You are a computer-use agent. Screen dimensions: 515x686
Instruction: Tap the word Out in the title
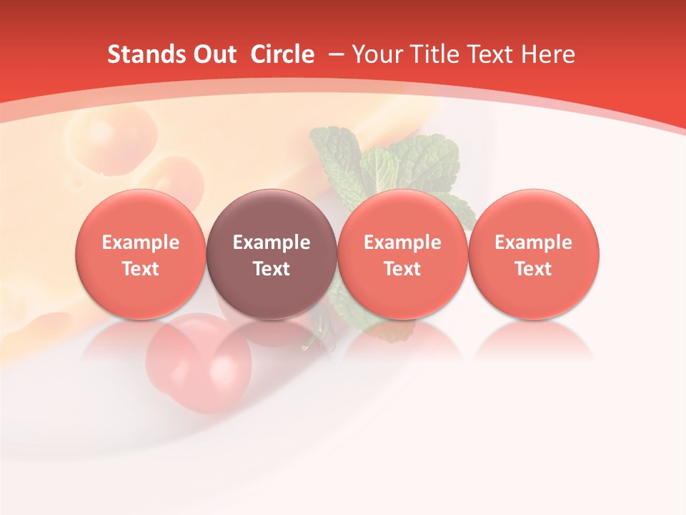(x=213, y=54)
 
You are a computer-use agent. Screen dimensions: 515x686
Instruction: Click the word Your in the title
(x=376, y=54)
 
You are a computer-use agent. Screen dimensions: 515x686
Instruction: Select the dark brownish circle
(x=272, y=254)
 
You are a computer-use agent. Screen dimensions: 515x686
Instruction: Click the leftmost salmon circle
(x=141, y=254)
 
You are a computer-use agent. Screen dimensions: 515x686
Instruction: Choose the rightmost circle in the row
(x=534, y=254)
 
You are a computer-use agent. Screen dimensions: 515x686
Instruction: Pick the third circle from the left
(x=402, y=254)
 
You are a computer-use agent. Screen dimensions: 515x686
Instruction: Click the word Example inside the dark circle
(x=272, y=242)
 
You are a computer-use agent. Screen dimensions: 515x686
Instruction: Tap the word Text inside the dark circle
(x=272, y=269)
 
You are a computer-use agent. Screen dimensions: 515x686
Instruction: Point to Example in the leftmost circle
(x=141, y=242)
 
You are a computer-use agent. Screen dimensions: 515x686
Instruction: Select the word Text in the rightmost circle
(x=534, y=269)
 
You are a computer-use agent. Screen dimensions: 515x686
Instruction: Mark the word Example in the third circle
(x=402, y=242)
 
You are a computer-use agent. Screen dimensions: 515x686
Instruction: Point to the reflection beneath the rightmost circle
(x=534, y=340)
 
